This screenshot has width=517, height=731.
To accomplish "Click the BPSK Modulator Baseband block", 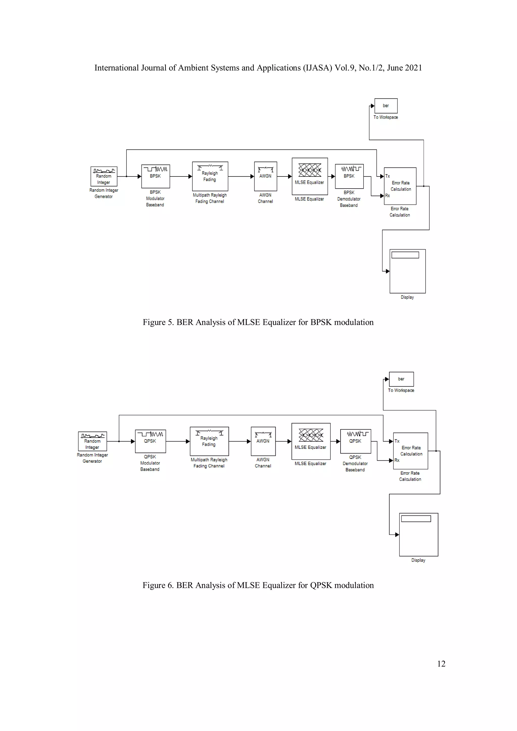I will tap(155, 176).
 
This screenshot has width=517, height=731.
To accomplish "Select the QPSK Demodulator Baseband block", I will tap(355, 441).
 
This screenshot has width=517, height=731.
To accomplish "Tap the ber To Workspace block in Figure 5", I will tap(386, 106).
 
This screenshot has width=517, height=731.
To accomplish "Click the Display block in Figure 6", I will tap(418, 535).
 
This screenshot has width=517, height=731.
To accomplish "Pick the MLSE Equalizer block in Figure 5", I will tap(309, 176).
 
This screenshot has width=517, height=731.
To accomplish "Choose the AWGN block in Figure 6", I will tap(263, 441).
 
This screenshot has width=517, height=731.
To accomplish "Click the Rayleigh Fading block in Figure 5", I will tap(210, 176).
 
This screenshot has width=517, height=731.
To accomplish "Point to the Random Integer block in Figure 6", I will tap(92, 441).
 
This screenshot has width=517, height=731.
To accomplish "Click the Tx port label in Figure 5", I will tap(387, 176).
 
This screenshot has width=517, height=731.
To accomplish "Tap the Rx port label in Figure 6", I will tap(397, 460).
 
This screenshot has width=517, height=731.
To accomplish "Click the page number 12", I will tap(441, 664).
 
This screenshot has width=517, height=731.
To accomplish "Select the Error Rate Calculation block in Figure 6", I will tap(410, 451).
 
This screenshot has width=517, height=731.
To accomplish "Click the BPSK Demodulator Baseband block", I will tap(349, 176).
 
